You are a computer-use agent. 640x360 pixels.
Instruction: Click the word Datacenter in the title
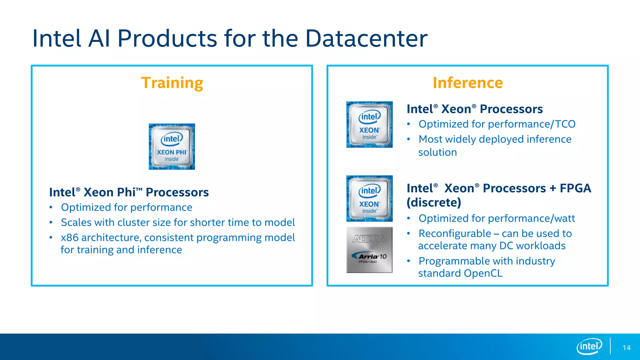tap(366, 38)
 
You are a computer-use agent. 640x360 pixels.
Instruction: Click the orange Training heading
tap(172, 83)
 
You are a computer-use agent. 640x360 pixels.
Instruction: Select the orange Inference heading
tap(467, 83)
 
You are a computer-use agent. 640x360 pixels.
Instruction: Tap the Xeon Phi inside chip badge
tap(172, 147)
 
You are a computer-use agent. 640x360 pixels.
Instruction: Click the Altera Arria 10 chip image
tap(369, 250)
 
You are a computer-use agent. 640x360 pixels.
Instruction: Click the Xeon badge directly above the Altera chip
tap(369, 198)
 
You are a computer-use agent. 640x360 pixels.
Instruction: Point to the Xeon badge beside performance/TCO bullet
tap(369, 124)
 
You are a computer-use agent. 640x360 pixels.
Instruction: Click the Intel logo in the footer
tap(589, 346)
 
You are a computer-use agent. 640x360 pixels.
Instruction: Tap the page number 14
tap(626, 348)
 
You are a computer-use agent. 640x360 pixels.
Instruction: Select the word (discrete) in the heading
tap(434, 202)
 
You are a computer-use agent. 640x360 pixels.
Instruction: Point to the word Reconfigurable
tap(455, 234)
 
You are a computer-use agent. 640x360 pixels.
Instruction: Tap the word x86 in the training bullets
tap(70, 238)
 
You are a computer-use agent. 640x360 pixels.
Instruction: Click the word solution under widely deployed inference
tap(437, 152)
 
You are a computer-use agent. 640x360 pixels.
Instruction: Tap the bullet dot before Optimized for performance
tap(51, 207)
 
